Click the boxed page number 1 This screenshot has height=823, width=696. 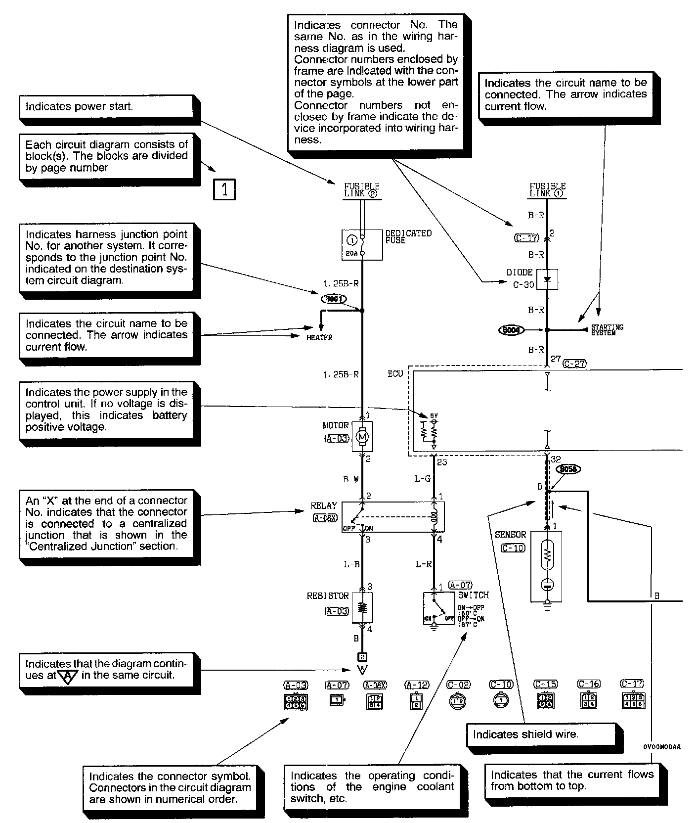pos(224,189)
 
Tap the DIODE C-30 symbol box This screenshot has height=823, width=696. pos(547,279)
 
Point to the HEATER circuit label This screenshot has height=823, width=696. pos(319,337)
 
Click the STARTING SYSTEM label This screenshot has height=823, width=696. pos(608,330)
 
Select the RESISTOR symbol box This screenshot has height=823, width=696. pos(362,607)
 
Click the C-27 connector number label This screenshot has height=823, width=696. pos(574,364)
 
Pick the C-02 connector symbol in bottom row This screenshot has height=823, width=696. pos(457,701)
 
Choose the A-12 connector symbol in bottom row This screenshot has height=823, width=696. pos(416,701)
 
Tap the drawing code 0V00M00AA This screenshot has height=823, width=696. pos(662,747)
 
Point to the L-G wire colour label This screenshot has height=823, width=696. pos(423,479)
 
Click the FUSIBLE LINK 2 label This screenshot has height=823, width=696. pos(361,190)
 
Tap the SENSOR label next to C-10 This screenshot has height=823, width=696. pos(511,535)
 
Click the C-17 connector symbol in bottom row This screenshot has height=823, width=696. pos(633,701)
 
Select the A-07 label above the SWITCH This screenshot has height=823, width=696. pos(460,585)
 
